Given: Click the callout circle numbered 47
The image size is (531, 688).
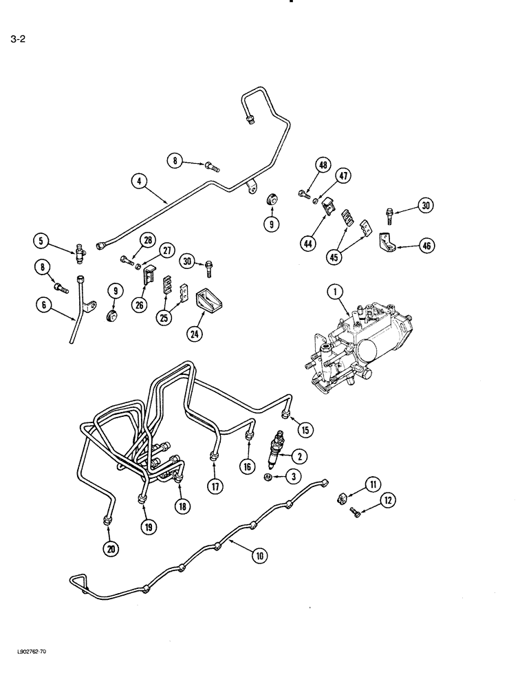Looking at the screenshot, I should pyautogui.click(x=343, y=176).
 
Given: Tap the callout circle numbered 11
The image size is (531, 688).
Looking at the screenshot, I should pyautogui.click(x=372, y=486).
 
